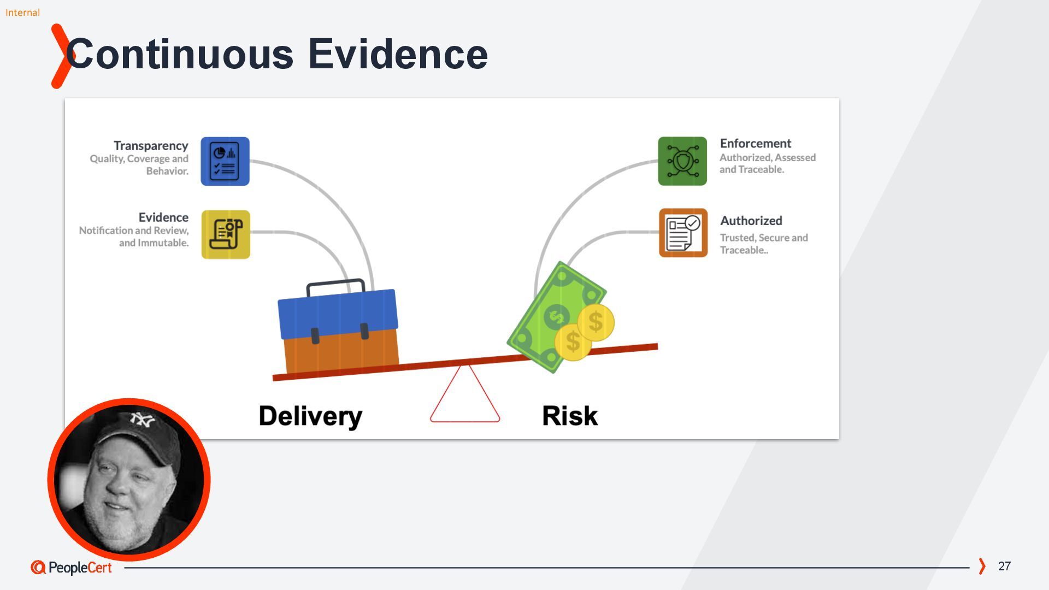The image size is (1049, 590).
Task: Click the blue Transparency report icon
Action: (x=225, y=161)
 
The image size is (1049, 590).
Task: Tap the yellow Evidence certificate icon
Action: (x=226, y=234)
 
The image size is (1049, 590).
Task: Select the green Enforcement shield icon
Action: (x=682, y=161)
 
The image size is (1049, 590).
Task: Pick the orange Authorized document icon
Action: (x=683, y=233)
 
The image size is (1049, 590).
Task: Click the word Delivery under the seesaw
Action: (x=310, y=416)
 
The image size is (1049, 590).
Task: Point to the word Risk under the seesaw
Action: (x=570, y=416)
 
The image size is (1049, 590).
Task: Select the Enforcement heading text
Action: (x=756, y=143)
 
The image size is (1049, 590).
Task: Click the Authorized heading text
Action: (x=751, y=221)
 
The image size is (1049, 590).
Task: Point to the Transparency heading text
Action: (x=151, y=146)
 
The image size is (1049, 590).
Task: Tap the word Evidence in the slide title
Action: (x=398, y=54)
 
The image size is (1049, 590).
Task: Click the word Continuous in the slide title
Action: (x=180, y=54)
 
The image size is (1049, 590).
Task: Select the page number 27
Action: (x=1004, y=566)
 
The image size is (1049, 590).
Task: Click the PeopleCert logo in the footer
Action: (x=72, y=568)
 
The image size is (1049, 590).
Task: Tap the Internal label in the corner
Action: (x=22, y=13)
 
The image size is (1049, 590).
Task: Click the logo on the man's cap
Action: (x=142, y=420)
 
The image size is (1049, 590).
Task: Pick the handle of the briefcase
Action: (x=335, y=284)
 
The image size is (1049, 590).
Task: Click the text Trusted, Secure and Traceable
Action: (x=763, y=244)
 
